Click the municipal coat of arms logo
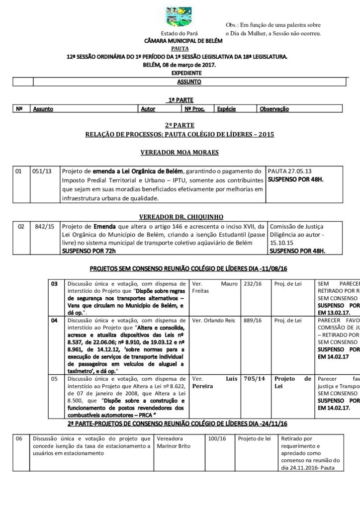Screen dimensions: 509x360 click(179, 18)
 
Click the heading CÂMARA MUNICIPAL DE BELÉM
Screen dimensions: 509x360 click(180, 41)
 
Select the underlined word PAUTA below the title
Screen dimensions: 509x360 click(180, 49)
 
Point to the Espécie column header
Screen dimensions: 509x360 click(227, 108)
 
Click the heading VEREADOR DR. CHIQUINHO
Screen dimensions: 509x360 click(180, 217)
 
